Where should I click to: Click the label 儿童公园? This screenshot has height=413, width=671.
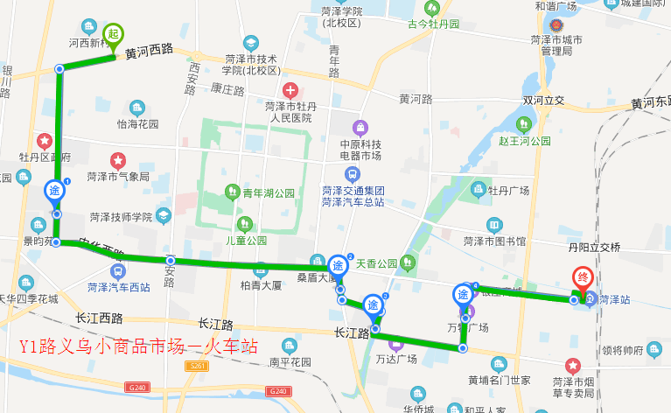[x=246, y=240]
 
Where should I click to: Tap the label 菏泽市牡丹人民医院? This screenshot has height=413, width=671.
[x=289, y=111]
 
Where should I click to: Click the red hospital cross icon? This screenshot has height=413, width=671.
[x=290, y=89]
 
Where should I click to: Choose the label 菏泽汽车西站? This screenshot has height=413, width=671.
[x=118, y=286]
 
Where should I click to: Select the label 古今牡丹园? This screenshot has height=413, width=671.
[x=433, y=24]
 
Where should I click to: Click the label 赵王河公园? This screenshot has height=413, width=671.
[x=524, y=140]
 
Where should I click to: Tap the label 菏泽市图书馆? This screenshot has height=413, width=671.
[x=494, y=241]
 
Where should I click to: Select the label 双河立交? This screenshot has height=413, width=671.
[x=544, y=101]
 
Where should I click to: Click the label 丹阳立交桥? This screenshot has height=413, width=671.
[x=593, y=248]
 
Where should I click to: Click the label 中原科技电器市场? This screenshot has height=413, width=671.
[x=360, y=150]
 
